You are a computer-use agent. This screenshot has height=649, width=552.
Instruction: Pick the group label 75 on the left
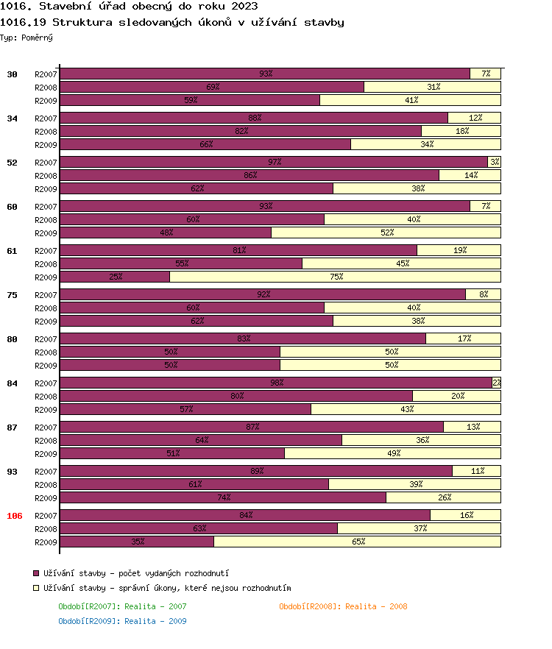click(12, 295)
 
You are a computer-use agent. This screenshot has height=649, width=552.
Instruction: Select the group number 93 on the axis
click(12, 472)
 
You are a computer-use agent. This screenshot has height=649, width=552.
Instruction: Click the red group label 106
click(15, 516)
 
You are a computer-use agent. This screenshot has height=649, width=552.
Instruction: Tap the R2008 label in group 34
click(46, 132)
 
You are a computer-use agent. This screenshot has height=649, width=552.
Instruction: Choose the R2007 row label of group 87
click(46, 428)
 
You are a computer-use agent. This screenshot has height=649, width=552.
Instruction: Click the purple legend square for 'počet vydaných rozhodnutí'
click(36, 572)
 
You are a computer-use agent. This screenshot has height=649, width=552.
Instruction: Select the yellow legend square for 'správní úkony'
click(36, 588)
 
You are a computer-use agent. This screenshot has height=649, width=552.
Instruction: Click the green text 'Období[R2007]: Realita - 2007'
click(122, 606)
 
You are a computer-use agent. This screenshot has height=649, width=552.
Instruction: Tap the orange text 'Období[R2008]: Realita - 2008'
click(343, 606)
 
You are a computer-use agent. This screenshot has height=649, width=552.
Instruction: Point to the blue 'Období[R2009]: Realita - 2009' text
click(122, 621)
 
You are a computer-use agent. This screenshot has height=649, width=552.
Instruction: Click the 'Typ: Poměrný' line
click(26, 37)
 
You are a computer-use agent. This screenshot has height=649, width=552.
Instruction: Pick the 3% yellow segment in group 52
click(494, 162)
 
